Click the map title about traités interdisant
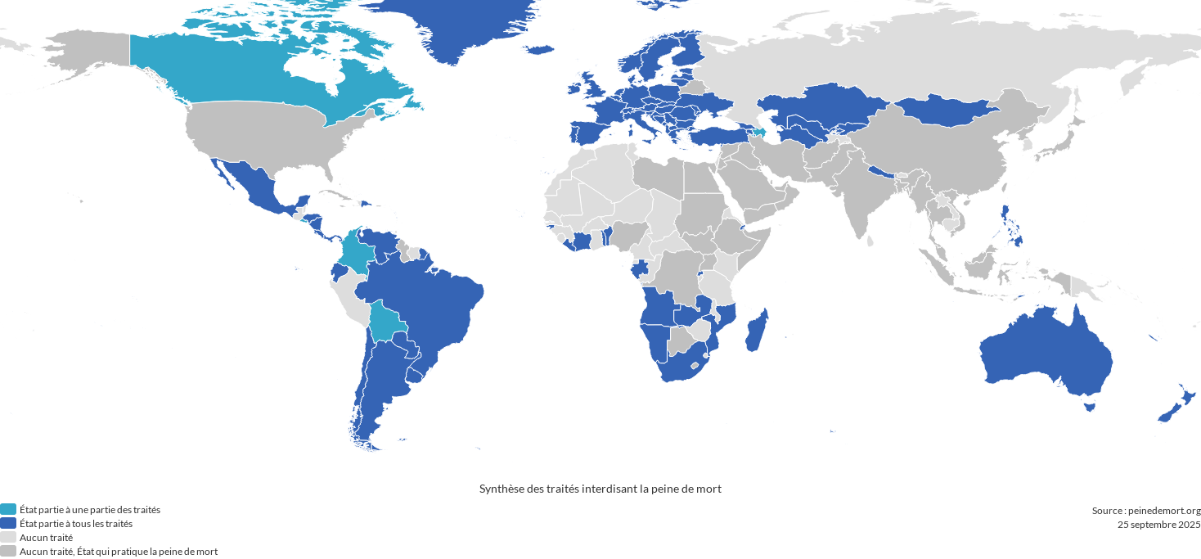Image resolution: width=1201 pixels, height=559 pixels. coord(600,489)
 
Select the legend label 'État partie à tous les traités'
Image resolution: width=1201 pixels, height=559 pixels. coord(76,524)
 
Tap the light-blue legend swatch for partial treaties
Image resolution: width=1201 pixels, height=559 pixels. coord(8,510)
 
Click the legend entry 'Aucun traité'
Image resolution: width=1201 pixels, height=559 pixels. coord(46,538)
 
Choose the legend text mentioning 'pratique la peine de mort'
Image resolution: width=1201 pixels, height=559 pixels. coord(119,552)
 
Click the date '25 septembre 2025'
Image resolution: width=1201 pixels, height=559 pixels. coord(1158,525)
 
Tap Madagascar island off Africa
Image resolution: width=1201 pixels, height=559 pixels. coord(757,331)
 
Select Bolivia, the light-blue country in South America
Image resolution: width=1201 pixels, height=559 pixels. coord(385,321)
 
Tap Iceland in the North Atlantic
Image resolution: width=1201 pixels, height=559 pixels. coord(539,50)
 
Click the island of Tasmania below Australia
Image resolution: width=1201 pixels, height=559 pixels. coord(1089,406)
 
